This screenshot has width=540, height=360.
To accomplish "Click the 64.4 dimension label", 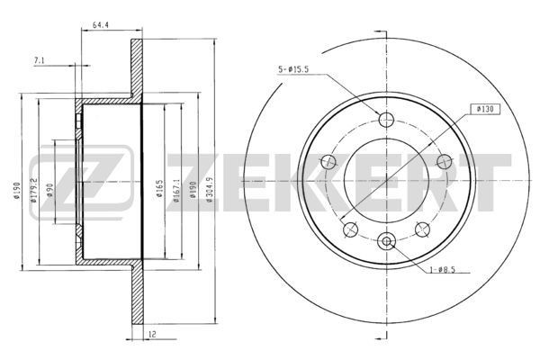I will [100, 26].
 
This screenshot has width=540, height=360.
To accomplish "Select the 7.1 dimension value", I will [40, 60].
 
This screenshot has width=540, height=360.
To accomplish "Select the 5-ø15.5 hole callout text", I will [299, 68].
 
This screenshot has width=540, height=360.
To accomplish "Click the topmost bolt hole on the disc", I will [388, 121].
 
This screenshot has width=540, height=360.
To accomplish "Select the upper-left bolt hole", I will [329, 161].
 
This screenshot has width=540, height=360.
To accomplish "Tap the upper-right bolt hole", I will [443, 161].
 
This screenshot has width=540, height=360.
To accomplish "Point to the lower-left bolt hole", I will [351, 229].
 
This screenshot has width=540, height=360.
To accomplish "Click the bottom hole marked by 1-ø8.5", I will [388, 241].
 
